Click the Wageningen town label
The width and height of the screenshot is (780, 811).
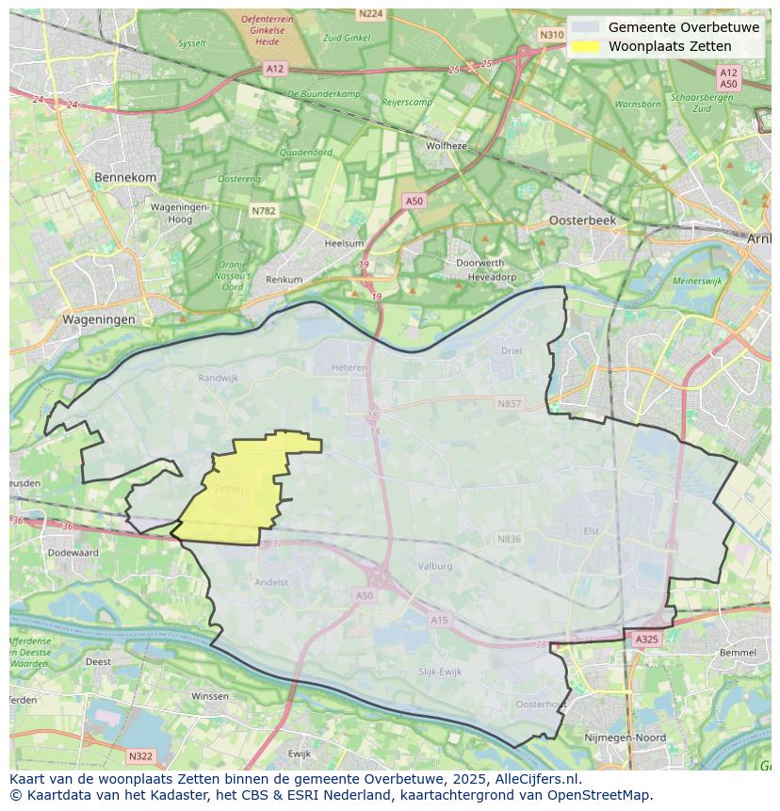pyautogui.click(x=99, y=319)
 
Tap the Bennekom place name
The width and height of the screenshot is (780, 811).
pyautogui.click(x=125, y=177)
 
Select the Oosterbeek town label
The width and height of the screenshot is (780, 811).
pyautogui.click(x=582, y=219)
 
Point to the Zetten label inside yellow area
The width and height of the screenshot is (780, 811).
pyautogui.click(x=228, y=489)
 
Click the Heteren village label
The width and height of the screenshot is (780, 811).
pyautogui.click(x=349, y=368)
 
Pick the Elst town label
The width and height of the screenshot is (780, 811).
pyautogui.click(x=591, y=530)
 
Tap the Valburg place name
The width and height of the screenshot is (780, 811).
pyautogui.click(x=435, y=566)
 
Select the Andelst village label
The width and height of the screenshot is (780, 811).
pyautogui.click(x=271, y=582)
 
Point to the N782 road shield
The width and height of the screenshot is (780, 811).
pyautogui.click(x=264, y=211)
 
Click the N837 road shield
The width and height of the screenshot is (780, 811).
pyautogui.click(x=509, y=403)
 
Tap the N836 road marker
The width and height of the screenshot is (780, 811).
pyautogui.click(x=509, y=539)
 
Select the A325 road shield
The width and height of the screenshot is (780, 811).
pyautogui.click(x=646, y=639)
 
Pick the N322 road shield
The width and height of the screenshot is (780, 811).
pyautogui.click(x=140, y=755)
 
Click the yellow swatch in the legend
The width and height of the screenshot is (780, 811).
pyautogui.click(x=585, y=46)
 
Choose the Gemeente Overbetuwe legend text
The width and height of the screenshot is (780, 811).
pyautogui.click(x=683, y=27)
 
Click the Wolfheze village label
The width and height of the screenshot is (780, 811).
pyautogui.click(x=447, y=146)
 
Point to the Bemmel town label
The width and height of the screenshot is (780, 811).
pyautogui.click(x=737, y=652)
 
